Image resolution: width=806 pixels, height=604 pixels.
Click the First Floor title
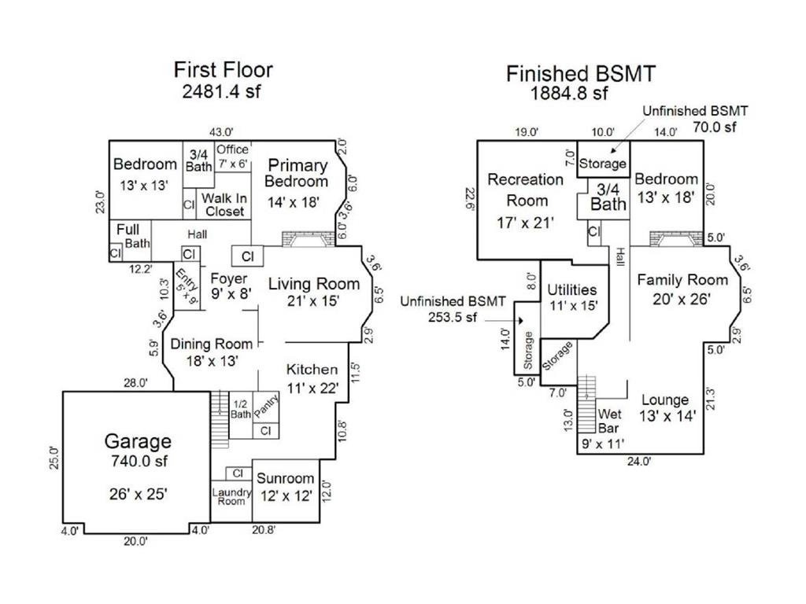tap(223, 69)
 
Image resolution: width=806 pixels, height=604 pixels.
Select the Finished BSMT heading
tap(581, 74)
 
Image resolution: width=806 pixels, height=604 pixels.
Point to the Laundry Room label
tap(231, 497)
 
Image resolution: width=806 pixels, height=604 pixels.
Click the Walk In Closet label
tap(224, 204)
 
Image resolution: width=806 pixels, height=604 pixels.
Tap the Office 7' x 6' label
tap(233, 157)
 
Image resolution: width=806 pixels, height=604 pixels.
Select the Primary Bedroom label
tap(297, 173)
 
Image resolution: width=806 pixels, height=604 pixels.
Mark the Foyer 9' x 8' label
tap(229, 286)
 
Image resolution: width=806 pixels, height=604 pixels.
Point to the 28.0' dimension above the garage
tap(135, 383)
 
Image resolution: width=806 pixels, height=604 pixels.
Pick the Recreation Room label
tap(526, 190)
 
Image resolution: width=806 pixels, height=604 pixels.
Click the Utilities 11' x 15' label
tap(572, 297)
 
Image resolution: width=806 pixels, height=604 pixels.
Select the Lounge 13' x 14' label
tap(664, 408)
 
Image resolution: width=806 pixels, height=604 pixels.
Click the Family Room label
tap(671, 289)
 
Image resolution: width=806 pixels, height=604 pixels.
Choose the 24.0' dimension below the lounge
tap(639, 462)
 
